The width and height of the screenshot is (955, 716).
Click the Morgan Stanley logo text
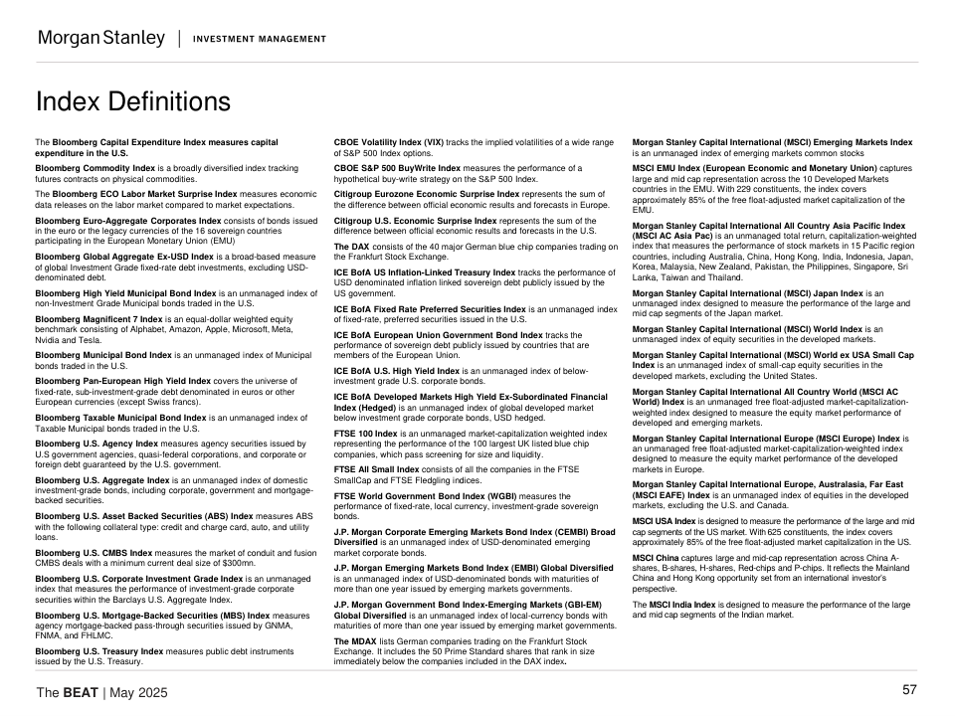[x=100, y=39]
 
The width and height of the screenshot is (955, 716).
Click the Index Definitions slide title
[x=132, y=102]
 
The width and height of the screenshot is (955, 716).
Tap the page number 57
[x=909, y=690]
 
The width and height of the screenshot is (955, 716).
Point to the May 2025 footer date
[x=141, y=692]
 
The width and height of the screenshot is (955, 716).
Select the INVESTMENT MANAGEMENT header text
[x=259, y=40]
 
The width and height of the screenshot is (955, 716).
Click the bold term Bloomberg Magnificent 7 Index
[x=99, y=318]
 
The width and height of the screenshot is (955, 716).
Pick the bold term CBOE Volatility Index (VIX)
[x=389, y=142]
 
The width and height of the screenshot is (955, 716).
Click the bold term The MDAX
[x=356, y=641]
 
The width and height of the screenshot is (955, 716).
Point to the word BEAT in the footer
[x=80, y=692]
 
